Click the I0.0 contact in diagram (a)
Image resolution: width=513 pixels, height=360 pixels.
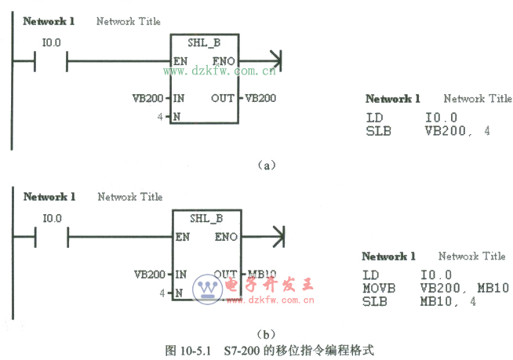coord(52,60)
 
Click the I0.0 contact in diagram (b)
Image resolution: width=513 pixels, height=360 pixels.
coord(53,235)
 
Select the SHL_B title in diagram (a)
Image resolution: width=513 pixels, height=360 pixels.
coord(204,43)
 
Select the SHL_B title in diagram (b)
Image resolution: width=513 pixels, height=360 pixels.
coord(206,218)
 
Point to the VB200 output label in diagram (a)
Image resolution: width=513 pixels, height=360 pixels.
coord(260,98)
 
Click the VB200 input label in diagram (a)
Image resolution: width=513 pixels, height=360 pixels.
coord(149,98)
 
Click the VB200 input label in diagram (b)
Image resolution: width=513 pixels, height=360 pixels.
coord(150,275)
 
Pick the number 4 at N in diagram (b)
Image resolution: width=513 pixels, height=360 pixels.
coord(162,293)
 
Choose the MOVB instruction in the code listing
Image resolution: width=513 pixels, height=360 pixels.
coord(378,288)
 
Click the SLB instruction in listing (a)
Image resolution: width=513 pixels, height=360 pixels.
coord(377,131)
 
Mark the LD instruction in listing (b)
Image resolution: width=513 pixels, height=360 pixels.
coord(370,275)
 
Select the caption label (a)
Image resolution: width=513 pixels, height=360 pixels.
coord(267,165)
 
